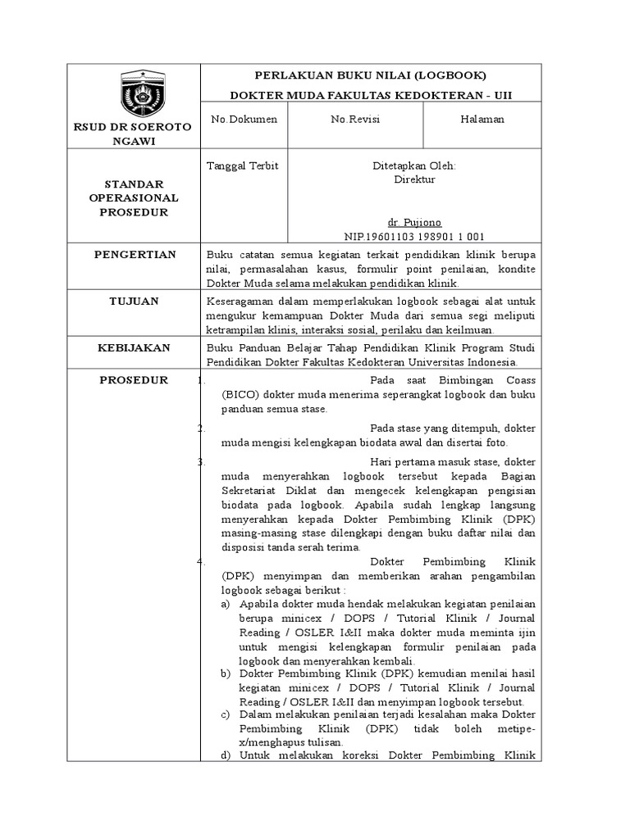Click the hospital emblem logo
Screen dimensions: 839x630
[x=143, y=93]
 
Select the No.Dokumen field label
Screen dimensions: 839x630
[x=244, y=120]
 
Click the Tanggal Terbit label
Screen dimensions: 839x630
[x=244, y=166]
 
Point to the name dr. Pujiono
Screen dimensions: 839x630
[x=414, y=222]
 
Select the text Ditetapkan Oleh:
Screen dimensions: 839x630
[x=414, y=166]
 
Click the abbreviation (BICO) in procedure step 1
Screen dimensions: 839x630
[x=237, y=394]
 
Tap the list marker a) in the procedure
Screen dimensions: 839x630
[x=226, y=604]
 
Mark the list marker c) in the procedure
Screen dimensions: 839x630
[x=226, y=715]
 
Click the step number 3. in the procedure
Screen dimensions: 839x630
[x=202, y=461]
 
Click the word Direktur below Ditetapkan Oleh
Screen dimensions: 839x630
[x=414, y=179]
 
